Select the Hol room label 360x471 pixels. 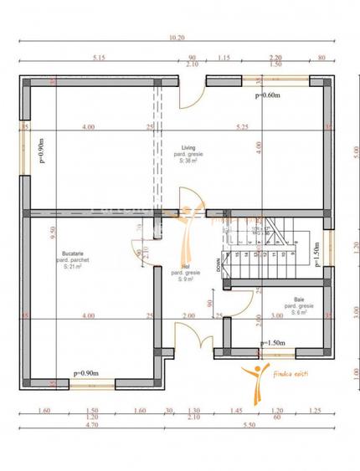click(x=185, y=266)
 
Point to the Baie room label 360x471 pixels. click(x=299, y=299)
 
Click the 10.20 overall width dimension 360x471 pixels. click(x=177, y=38)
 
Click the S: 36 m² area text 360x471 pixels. click(x=187, y=162)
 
